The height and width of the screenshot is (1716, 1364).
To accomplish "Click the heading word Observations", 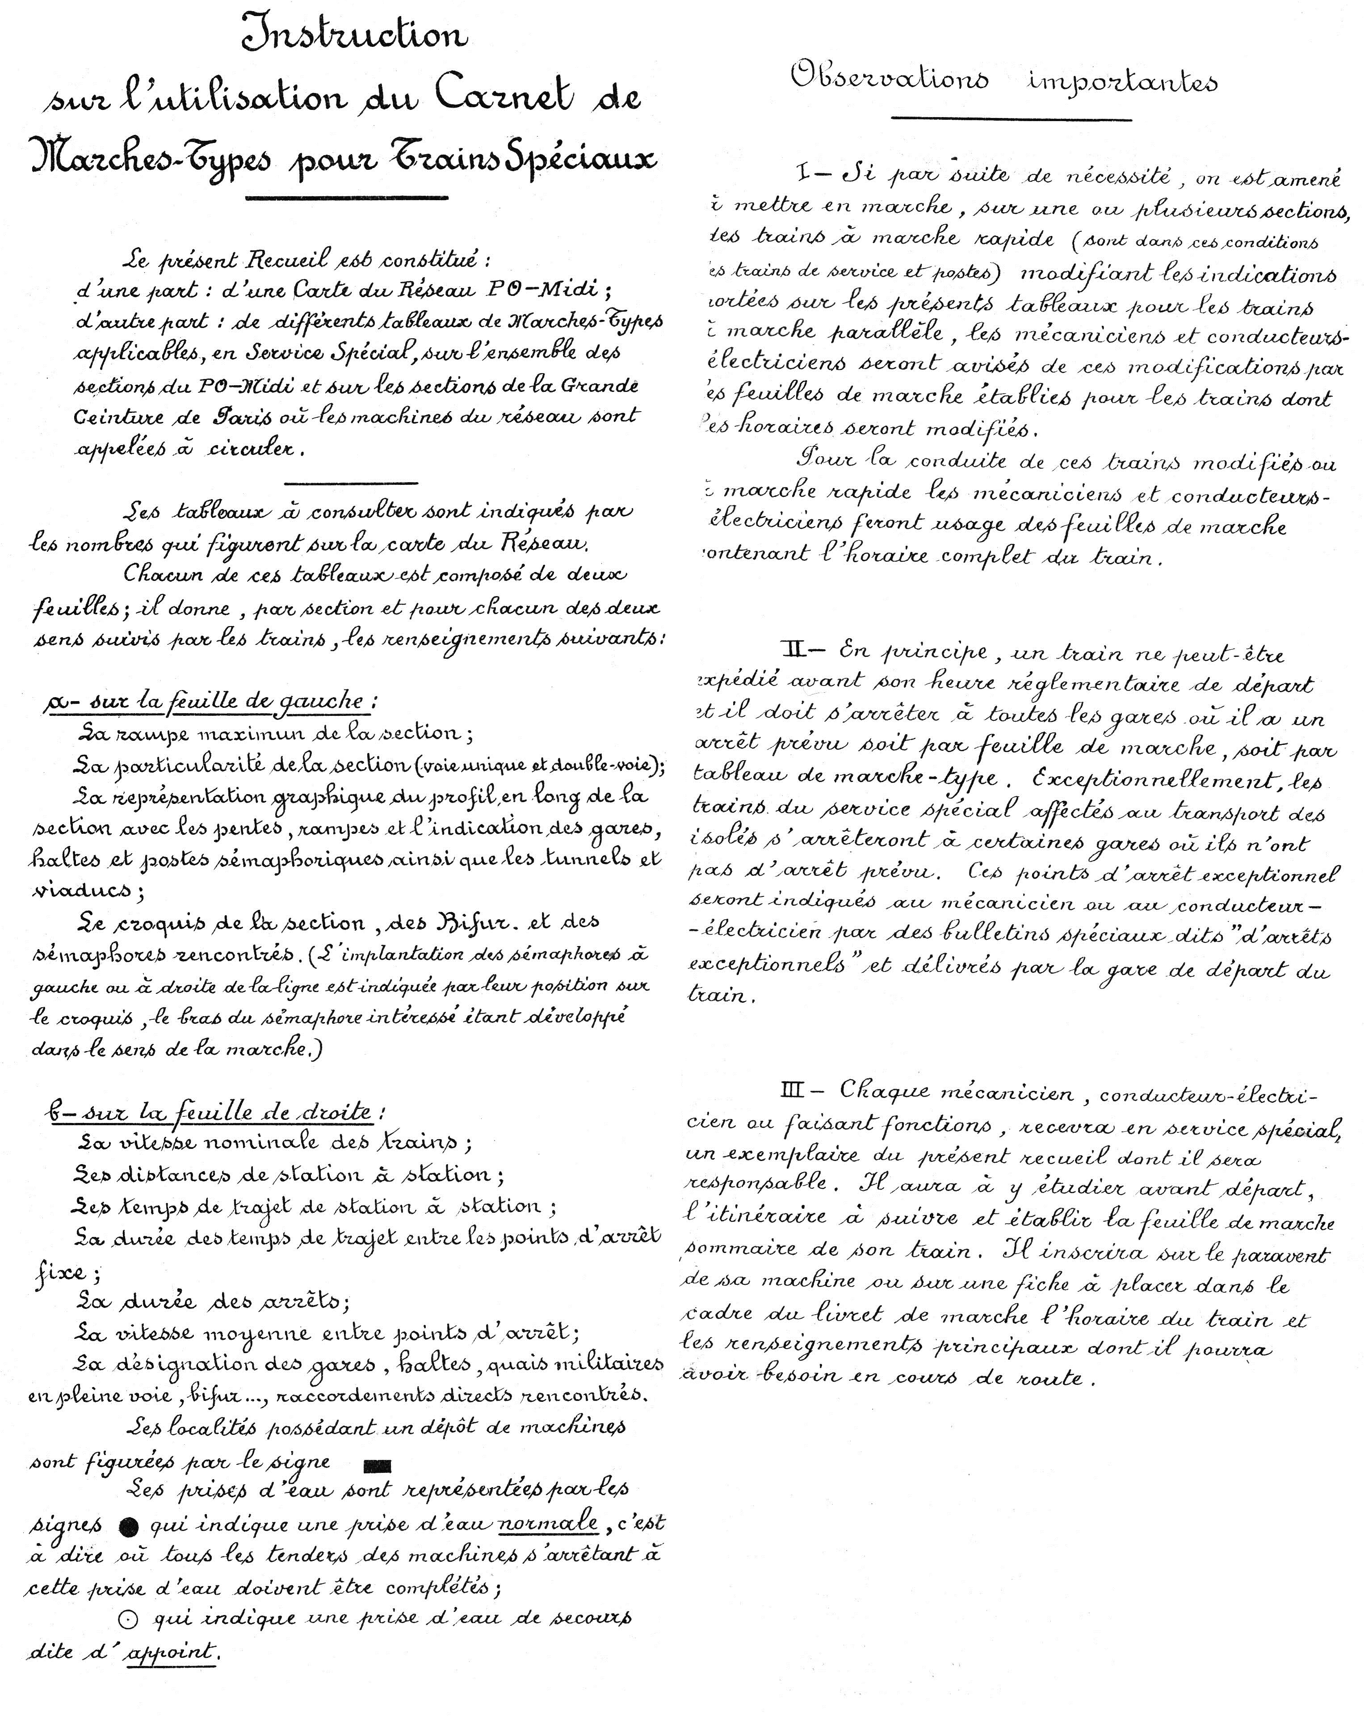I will click(889, 80).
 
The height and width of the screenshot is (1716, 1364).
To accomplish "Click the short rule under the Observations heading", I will click(1011, 119).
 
